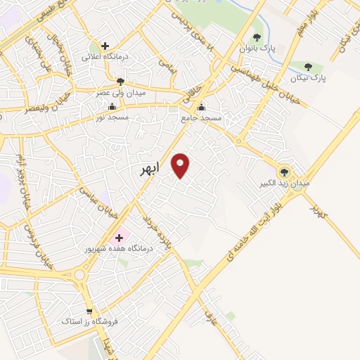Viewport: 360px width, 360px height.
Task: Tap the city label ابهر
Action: (x=150, y=169)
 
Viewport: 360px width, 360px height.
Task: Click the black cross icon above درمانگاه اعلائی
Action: (x=105, y=46)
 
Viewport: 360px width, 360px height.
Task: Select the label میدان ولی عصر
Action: (x=121, y=93)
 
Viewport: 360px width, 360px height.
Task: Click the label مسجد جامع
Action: (x=202, y=118)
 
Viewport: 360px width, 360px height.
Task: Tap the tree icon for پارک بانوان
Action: (x=256, y=37)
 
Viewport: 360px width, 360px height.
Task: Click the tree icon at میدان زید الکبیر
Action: (x=285, y=171)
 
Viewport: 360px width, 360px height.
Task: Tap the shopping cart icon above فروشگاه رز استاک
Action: (x=89, y=311)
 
